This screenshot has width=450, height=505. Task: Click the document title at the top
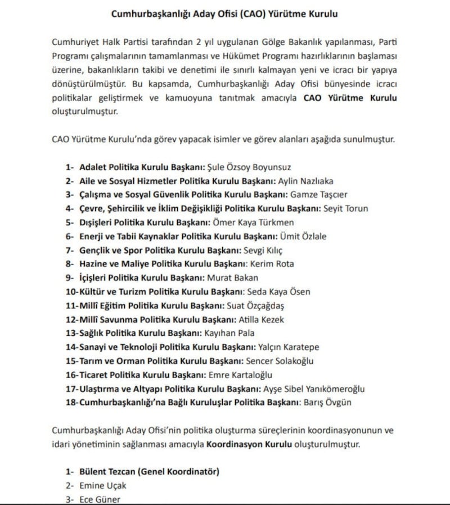click(x=224, y=12)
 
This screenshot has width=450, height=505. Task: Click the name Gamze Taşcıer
click(x=319, y=195)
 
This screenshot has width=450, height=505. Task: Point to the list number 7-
click(x=70, y=250)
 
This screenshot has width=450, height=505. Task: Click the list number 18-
click(x=72, y=402)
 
